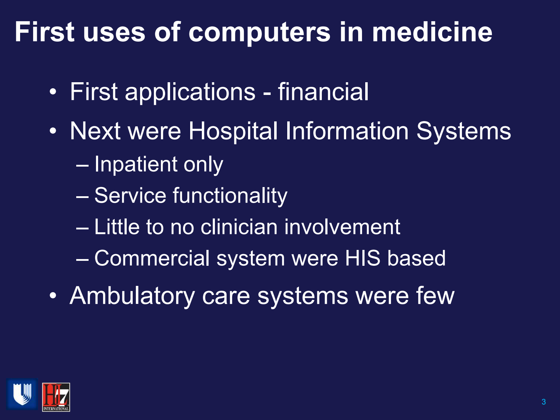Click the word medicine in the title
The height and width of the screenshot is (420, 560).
432,32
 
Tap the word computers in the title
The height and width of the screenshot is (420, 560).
260,33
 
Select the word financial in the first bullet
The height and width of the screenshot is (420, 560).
323,92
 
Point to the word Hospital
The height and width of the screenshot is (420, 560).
233,131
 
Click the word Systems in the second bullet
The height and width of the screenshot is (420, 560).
463,131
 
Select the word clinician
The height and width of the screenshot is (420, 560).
239,227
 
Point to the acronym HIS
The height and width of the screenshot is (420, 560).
363,258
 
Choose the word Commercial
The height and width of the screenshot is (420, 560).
152,258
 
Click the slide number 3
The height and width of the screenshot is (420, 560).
543,402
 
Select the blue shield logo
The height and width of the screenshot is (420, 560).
22,394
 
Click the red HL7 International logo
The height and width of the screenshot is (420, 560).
56,397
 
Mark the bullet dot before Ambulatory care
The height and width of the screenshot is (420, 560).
53,295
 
